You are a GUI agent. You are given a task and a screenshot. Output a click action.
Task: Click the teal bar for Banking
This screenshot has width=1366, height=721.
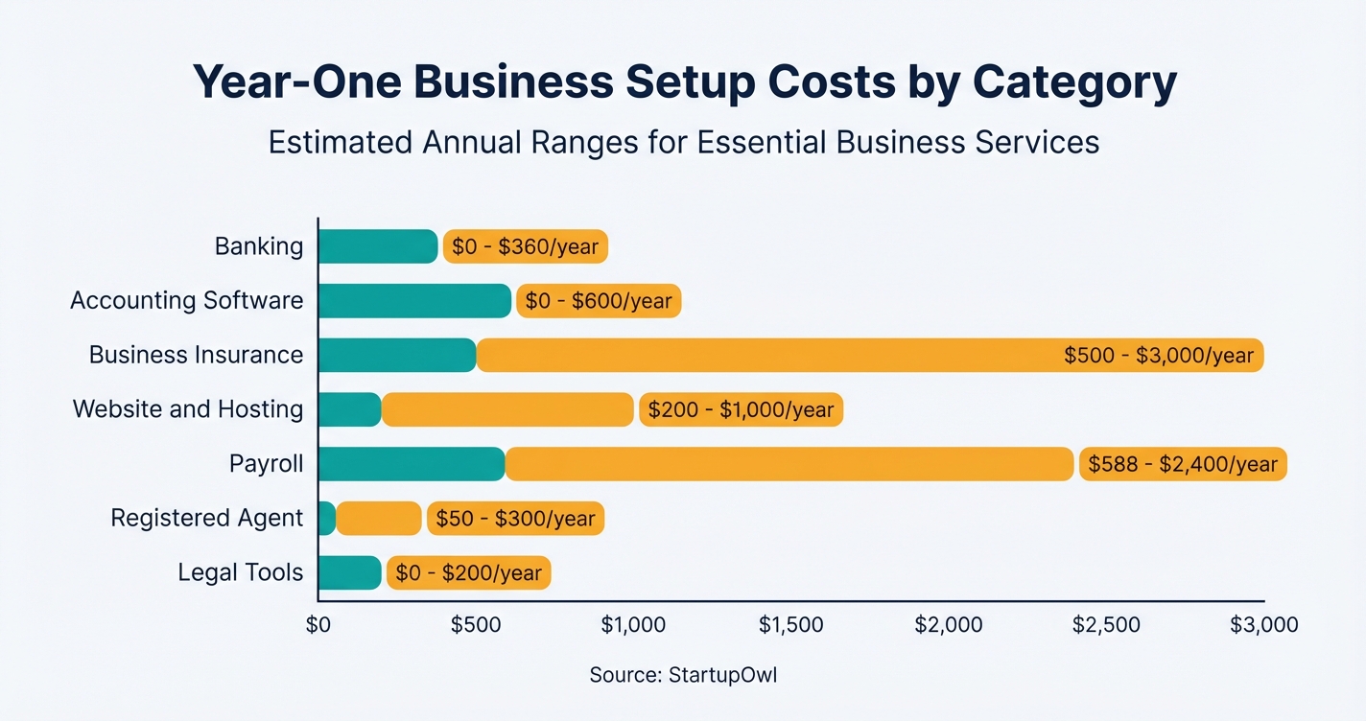click(x=377, y=246)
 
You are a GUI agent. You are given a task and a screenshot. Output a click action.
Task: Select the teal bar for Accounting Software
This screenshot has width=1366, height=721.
click(x=414, y=301)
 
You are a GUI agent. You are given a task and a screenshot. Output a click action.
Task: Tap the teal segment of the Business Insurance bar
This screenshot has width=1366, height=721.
click(x=397, y=355)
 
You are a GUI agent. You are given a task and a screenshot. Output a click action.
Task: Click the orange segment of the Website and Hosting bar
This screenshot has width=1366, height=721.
click(x=507, y=409)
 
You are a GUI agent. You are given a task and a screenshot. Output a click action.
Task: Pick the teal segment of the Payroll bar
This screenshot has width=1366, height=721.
click(x=412, y=464)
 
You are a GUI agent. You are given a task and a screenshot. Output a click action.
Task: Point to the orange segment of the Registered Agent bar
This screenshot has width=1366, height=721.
click(x=378, y=519)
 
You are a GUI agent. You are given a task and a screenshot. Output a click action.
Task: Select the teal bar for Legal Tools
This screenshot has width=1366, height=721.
click(x=349, y=573)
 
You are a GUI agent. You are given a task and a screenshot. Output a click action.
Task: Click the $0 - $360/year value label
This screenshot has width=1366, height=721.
click(x=525, y=247)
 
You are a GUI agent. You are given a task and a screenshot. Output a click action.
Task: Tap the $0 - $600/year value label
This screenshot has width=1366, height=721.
click(x=599, y=301)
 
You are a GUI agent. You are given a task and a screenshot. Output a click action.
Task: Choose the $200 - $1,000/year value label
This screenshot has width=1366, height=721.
click(x=741, y=410)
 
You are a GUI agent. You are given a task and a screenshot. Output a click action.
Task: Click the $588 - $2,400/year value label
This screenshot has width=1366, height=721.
click(x=1182, y=465)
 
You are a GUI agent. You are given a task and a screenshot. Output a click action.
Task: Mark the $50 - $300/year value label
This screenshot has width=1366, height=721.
click(x=515, y=519)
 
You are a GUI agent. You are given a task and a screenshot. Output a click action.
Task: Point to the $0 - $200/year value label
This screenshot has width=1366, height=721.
click(x=468, y=574)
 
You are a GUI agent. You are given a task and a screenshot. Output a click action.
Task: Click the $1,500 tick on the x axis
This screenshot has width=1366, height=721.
click(x=790, y=625)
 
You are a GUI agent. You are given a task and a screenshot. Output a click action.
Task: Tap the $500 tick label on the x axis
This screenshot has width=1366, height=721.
click(x=476, y=625)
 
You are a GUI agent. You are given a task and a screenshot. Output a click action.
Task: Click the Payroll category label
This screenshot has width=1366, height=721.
click(x=266, y=465)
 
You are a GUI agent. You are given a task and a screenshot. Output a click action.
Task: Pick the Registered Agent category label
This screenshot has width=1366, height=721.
click(x=206, y=519)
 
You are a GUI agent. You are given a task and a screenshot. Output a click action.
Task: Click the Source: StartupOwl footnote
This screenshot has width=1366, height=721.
click(x=683, y=675)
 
